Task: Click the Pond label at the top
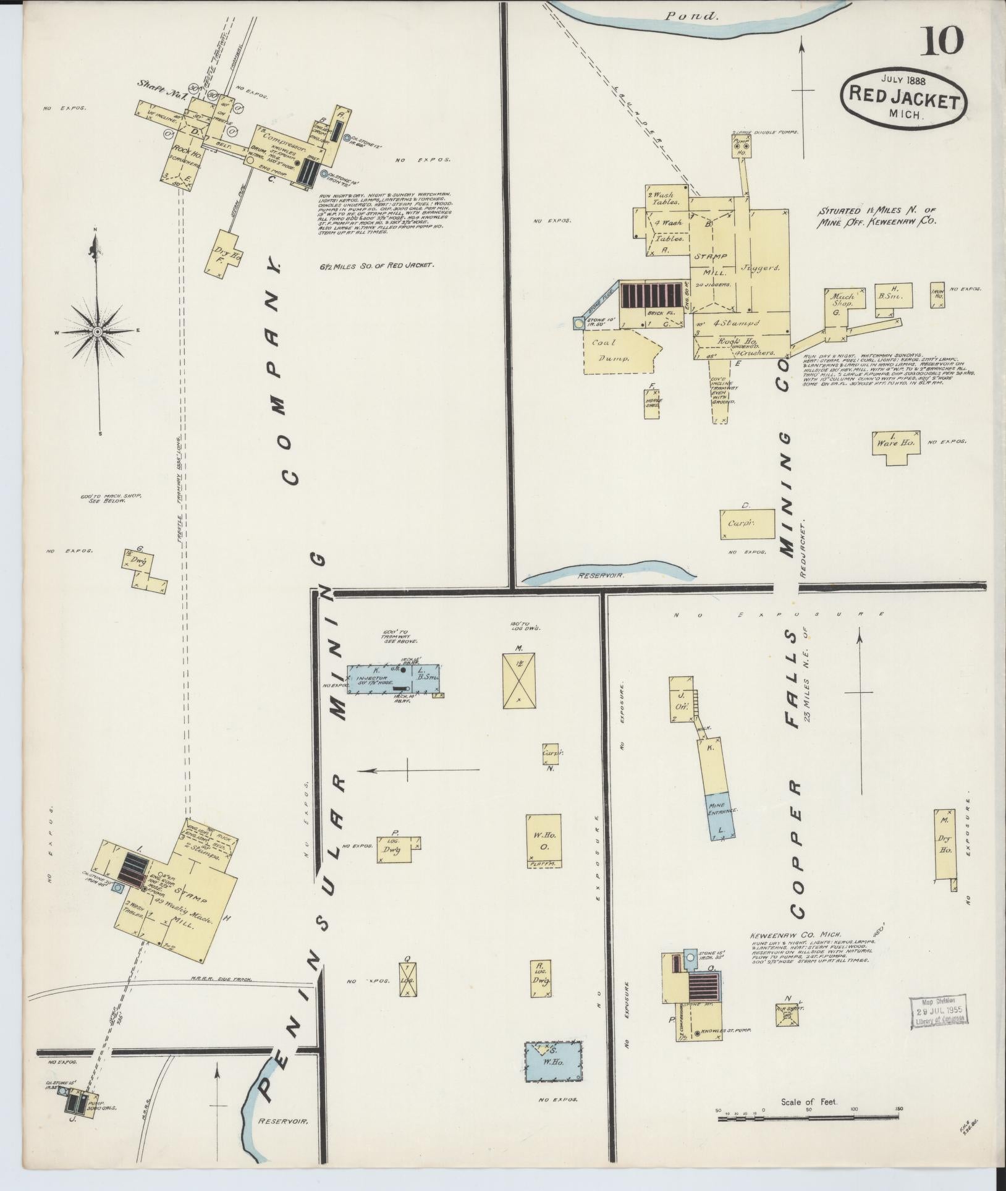click(x=692, y=17)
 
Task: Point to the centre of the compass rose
click(x=97, y=333)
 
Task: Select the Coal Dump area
click(x=618, y=351)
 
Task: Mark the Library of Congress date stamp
click(x=939, y=1012)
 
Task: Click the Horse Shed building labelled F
click(x=651, y=404)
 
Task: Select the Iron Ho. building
click(x=939, y=295)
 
